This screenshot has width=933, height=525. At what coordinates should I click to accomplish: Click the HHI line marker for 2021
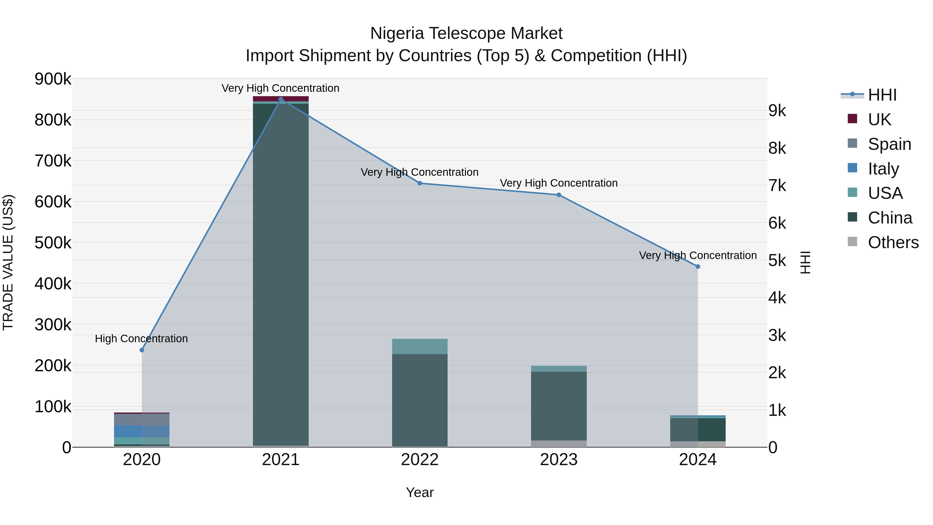coord(281,99)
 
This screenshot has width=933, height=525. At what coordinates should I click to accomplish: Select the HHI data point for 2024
coord(698,267)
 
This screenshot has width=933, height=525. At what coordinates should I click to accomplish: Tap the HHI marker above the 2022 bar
coord(420,183)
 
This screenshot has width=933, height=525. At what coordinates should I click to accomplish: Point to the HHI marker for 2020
coord(142,350)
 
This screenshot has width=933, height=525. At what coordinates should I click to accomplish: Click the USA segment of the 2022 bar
coord(420,346)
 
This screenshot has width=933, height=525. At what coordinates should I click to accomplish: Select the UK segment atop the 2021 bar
coord(281,99)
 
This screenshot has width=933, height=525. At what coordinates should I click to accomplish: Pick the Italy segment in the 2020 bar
coord(142,431)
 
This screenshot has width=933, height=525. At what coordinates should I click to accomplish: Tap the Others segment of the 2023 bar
coord(559,444)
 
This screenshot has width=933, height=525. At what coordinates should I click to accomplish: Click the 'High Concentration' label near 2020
coord(141,339)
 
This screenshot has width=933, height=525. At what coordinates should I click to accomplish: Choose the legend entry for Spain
coord(889,144)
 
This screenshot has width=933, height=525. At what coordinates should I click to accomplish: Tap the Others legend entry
coord(893,242)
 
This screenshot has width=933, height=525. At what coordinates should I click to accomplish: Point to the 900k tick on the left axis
coord(53,79)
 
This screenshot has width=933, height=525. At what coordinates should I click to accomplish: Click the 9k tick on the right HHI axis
coord(777,111)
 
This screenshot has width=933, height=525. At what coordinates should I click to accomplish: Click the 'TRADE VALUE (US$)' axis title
coord(8,262)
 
